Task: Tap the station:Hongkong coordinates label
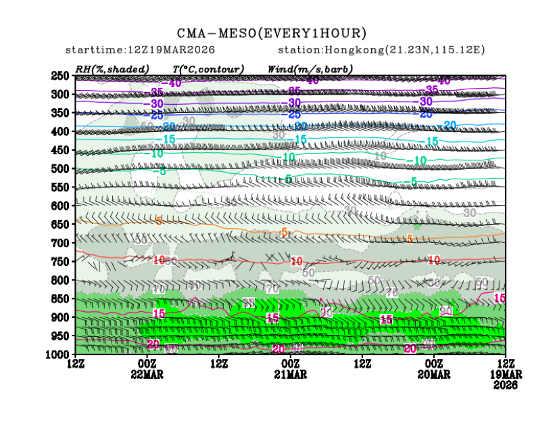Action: pyautogui.click(x=381, y=50)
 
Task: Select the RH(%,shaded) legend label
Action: pyautogui.click(x=112, y=68)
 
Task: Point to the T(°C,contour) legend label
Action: pyautogui.click(x=208, y=68)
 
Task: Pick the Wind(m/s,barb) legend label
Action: pyautogui.click(x=310, y=68)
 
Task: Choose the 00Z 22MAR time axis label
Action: pyautogui.click(x=147, y=369)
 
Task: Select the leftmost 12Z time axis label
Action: pyautogui.click(x=76, y=364)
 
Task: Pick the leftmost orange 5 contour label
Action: pyautogui.click(x=158, y=221)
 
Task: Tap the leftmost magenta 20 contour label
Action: pyautogui.click(x=153, y=345)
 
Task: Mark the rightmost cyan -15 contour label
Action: pyautogui.click(x=431, y=141)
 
